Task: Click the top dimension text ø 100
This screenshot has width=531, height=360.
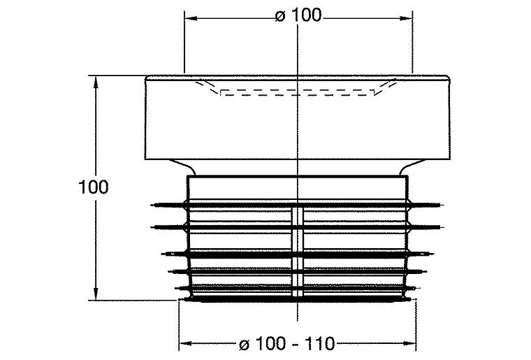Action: click(x=298, y=16)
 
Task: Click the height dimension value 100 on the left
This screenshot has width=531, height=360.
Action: click(x=94, y=187)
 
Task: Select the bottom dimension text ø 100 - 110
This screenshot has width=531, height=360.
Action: click(x=287, y=344)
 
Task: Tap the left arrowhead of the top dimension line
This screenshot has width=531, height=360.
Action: click(x=191, y=18)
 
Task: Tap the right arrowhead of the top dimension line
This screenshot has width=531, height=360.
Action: click(x=406, y=18)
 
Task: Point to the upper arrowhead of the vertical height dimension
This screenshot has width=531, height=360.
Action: click(x=96, y=82)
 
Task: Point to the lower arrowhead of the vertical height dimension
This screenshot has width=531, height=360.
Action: click(x=96, y=294)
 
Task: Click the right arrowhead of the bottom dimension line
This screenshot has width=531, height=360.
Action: click(x=409, y=344)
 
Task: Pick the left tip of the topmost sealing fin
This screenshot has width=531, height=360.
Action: click(x=152, y=205)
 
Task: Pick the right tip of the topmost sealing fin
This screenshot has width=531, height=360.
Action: click(x=443, y=205)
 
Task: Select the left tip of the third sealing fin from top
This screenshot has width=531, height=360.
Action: click(x=162, y=254)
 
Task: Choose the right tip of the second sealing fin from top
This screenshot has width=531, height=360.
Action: click(x=443, y=226)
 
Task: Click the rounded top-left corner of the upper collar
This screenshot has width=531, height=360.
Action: click(x=147, y=78)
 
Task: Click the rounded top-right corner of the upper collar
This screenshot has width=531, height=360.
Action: click(x=449, y=78)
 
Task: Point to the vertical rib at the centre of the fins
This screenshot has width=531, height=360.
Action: click(x=298, y=252)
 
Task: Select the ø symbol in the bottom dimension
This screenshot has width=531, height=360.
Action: click(x=245, y=345)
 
